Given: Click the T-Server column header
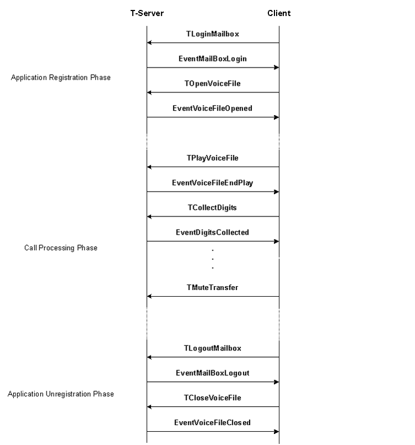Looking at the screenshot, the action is [147, 13].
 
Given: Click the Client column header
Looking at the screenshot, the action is [279, 13].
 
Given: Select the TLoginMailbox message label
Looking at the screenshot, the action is [212, 34].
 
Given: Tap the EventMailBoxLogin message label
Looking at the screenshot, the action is [212, 59].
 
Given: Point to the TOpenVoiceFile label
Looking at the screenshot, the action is [212, 84].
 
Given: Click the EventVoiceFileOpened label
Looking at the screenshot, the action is [212, 108].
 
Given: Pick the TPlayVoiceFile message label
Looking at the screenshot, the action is [212, 158].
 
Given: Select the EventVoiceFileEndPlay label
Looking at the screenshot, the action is [212, 183].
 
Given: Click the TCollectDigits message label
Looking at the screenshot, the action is [212, 208].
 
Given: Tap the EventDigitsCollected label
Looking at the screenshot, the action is [212, 232].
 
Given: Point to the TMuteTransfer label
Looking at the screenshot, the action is [212, 287].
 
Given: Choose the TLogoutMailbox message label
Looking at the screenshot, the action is [212, 348].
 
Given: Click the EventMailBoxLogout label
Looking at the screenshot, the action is [212, 373].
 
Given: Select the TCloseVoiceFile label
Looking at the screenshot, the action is [212, 397].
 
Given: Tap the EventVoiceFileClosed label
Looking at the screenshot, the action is [212, 422].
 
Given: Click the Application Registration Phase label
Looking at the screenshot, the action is [61, 77].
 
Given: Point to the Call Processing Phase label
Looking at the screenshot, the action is [61, 248].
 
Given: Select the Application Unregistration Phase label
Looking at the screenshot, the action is [61, 394].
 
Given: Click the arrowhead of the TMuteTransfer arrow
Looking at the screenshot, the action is [149, 296].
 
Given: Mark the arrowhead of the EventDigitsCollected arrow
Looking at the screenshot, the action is [277, 241].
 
